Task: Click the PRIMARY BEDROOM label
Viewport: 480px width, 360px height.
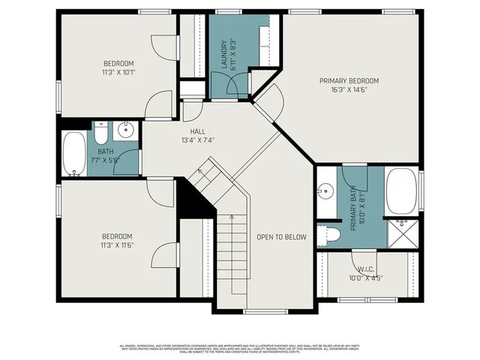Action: coord(349,81)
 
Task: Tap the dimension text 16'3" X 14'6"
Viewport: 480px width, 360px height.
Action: coord(349,90)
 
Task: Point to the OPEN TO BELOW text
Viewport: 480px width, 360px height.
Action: coord(282,237)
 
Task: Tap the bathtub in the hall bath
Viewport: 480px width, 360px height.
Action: coord(74,154)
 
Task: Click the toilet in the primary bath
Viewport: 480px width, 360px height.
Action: coord(328,235)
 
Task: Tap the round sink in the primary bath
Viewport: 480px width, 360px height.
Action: coord(325,190)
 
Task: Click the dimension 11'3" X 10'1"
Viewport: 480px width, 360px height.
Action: coord(118,73)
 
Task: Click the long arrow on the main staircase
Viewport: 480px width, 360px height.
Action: coord(232,255)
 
